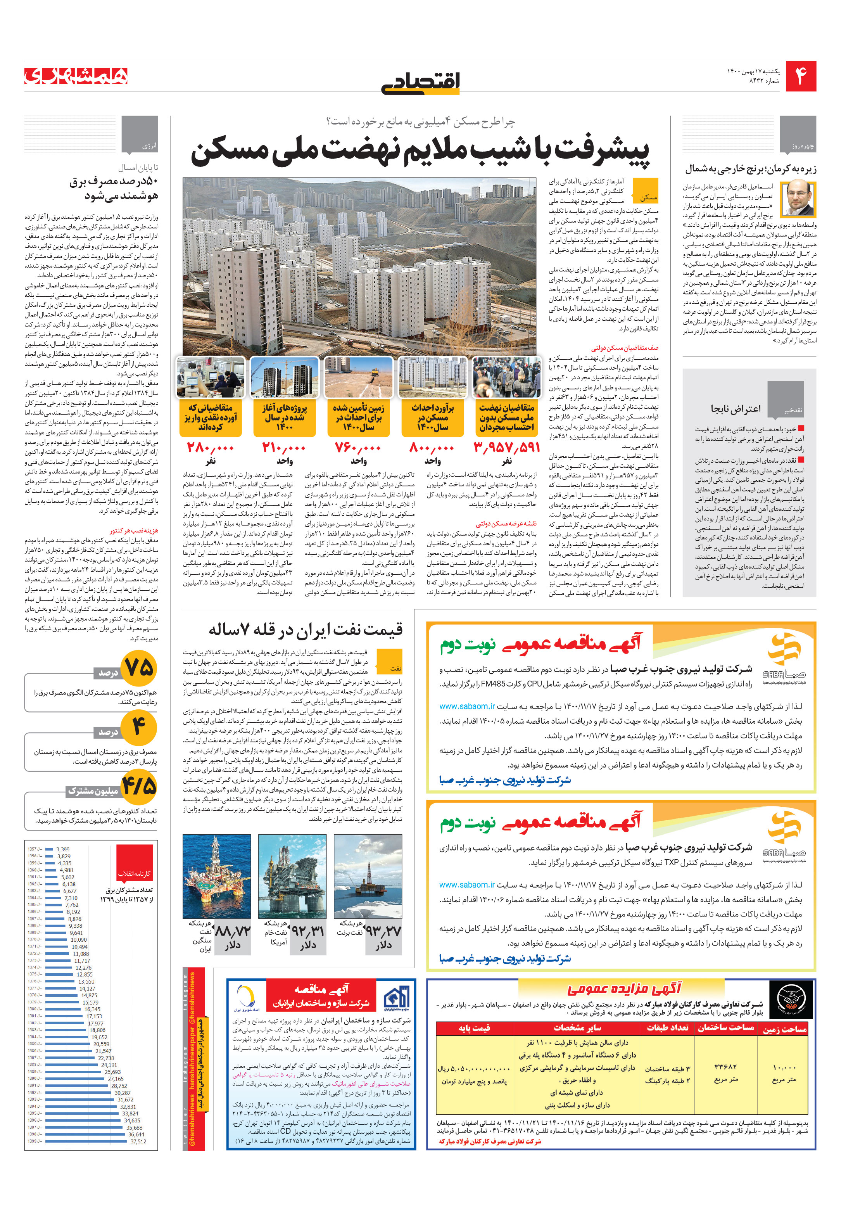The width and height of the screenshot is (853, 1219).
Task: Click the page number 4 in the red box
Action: point(800,76)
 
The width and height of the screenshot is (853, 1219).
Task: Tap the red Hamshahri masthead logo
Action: point(76,77)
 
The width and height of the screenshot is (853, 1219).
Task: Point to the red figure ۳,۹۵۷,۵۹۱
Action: point(506,447)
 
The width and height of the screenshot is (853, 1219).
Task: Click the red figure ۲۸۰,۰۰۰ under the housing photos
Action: point(210,447)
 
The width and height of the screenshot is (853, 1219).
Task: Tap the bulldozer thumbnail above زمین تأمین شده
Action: point(358,377)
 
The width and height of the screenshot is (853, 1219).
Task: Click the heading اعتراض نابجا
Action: point(735,408)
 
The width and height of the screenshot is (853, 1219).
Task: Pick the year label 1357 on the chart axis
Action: point(33,849)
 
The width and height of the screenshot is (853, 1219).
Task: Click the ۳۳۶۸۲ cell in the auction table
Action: point(725,1067)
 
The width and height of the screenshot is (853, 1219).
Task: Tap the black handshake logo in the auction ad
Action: point(791,1000)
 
